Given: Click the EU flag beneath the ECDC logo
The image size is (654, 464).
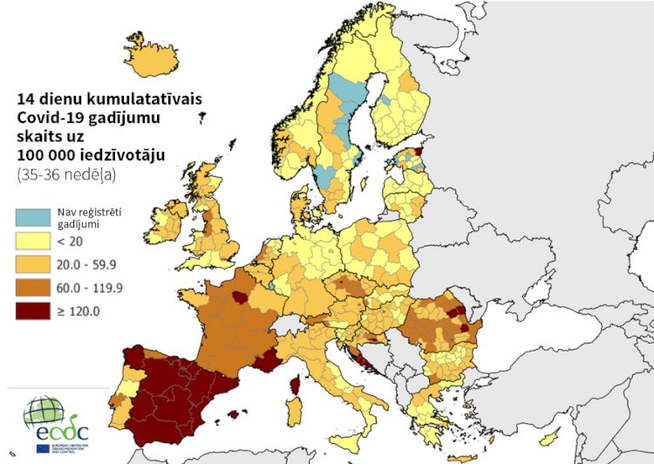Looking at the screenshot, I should tap(43, 448).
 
